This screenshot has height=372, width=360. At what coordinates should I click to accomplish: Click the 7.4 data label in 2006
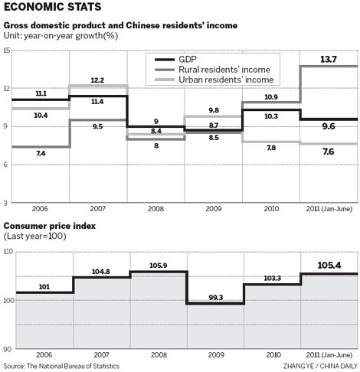[x=41, y=153]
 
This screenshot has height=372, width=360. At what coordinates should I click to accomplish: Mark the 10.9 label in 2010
[x=271, y=96]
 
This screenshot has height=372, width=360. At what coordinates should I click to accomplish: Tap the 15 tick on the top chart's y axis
[x=8, y=51]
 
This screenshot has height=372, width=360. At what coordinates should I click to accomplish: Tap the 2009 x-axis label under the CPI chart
[x=214, y=356]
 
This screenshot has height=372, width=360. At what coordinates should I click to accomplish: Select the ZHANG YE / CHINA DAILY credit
[x=316, y=367]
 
